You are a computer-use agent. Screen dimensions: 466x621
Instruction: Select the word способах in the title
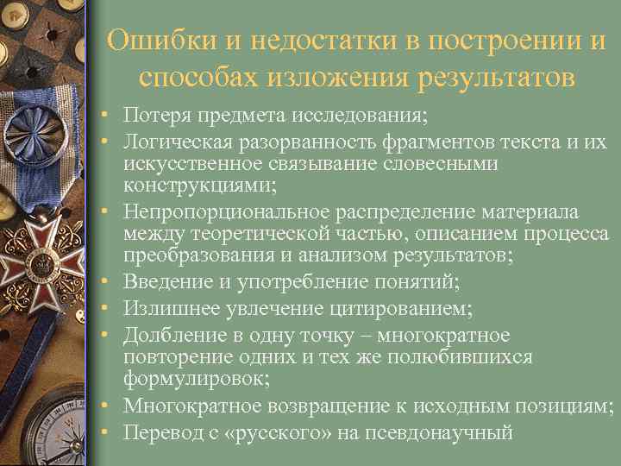click(198, 79)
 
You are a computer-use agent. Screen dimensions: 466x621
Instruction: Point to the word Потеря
click(156, 115)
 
